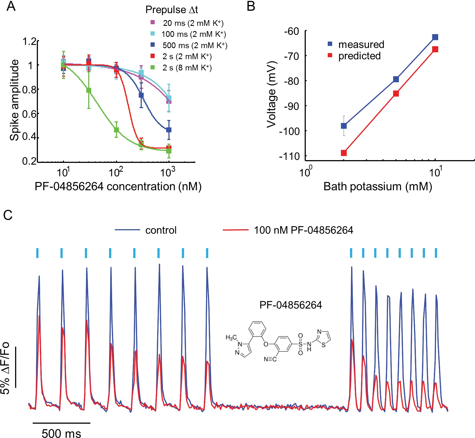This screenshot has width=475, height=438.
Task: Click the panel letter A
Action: tap(11, 6)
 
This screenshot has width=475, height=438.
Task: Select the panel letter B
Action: tap(251, 6)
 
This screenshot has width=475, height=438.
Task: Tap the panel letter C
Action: tap(8, 215)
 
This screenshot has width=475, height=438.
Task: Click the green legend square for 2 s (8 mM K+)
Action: tap(153, 67)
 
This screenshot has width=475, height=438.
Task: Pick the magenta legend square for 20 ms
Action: tap(153, 22)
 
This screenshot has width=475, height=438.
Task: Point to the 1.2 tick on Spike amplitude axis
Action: tap(30, 42)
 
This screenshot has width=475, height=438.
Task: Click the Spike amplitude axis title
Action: tap(14, 100)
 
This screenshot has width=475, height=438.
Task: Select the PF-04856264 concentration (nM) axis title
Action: tap(118, 187)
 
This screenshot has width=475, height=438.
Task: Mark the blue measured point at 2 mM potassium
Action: tap(344, 126)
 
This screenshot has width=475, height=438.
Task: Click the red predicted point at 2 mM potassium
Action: tap(344, 153)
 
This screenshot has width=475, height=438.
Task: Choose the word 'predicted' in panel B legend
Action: tap(359, 56)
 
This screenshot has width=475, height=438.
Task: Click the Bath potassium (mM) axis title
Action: tap(378, 187)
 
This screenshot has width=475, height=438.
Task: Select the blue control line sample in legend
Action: tap(127, 230)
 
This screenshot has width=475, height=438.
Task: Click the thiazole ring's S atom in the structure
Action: tap(323, 345)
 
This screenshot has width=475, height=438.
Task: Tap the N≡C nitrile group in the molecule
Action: tap(270, 359)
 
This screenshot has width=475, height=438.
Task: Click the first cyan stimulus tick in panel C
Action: tap(37, 253)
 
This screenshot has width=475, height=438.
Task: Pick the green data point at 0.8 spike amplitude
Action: tap(89, 90)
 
